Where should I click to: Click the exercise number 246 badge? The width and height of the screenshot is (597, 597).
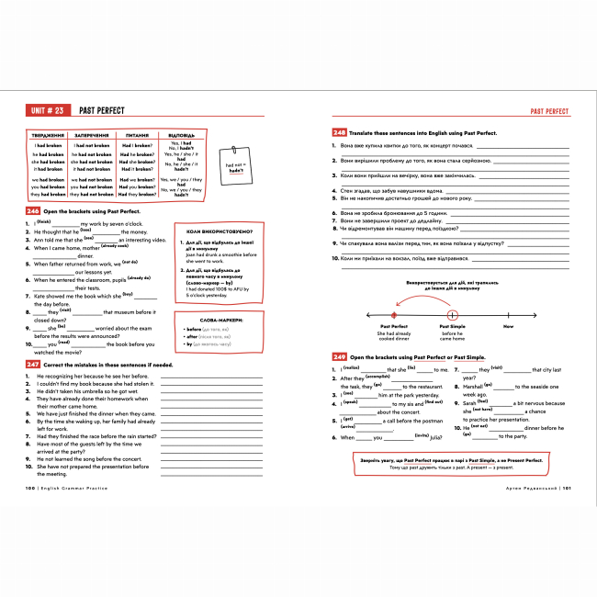[33, 211]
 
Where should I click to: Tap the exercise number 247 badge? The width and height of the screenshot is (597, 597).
[33, 365]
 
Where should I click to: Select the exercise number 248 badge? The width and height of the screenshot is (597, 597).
[339, 133]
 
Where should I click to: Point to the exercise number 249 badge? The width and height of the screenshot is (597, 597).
[339, 355]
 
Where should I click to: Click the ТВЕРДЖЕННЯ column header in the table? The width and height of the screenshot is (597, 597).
[49, 135]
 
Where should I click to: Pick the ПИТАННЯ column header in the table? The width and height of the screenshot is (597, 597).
[137, 135]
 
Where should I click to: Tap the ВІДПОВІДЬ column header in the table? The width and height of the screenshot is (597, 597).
[181, 135]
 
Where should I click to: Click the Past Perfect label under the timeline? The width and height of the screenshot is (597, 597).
[393, 326]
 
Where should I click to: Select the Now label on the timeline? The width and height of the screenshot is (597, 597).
[508, 326]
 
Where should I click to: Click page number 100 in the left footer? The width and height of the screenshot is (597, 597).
[32, 489]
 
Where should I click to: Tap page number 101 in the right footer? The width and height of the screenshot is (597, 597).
[567, 489]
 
